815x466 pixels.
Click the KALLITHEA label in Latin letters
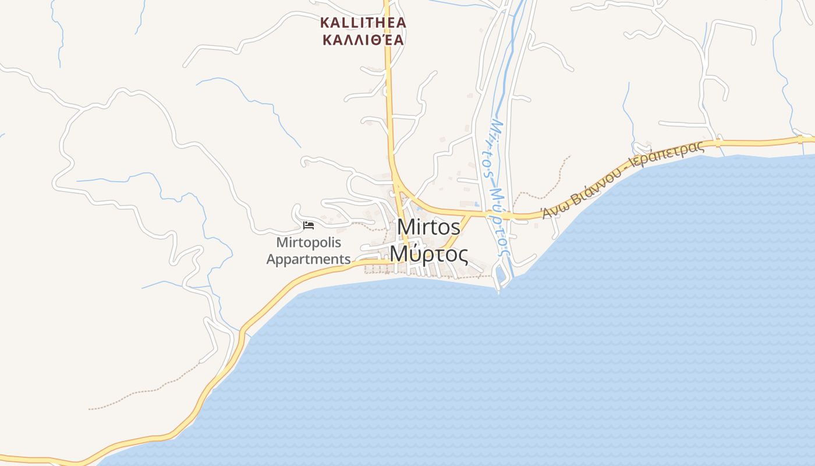coord(363,23)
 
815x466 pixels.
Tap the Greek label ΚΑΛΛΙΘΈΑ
coord(363,40)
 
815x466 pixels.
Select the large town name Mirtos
coord(428,227)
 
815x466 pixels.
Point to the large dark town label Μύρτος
coord(428,254)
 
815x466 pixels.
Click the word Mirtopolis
coord(309,242)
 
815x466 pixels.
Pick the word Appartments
coord(309,259)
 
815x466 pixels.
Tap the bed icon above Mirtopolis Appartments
coord(309,225)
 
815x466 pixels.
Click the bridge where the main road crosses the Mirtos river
coord(506,216)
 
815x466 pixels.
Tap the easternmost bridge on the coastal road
coord(800,140)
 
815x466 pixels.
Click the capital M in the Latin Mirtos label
coord(405,227)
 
